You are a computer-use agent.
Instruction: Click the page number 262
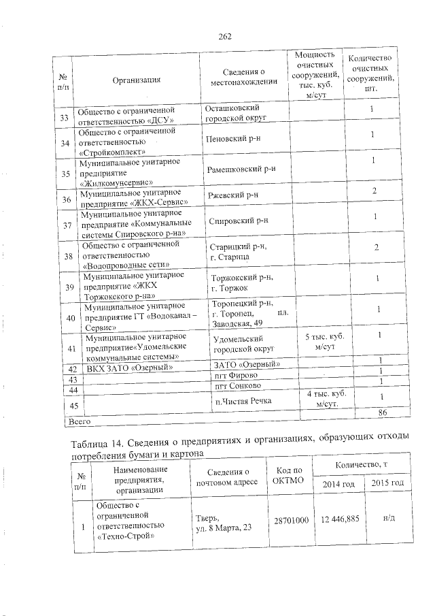[226, 37]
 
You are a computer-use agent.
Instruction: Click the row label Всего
[76, 422]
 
